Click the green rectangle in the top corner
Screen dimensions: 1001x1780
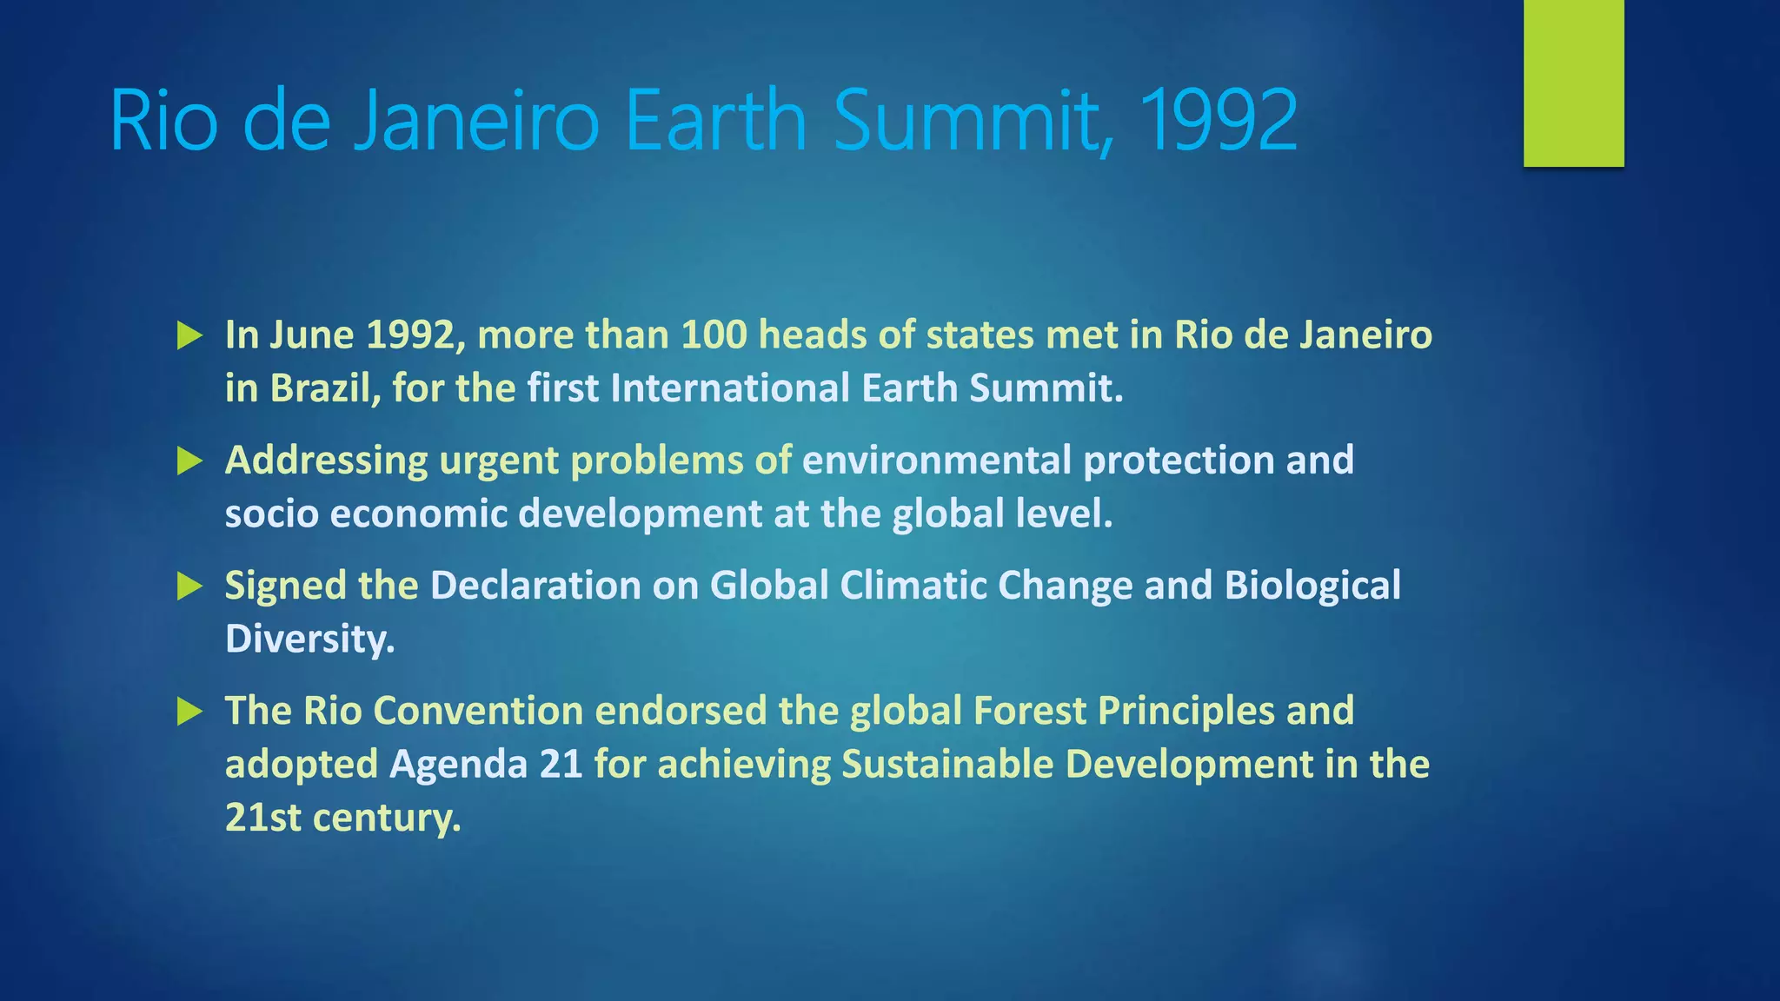point(1573,83)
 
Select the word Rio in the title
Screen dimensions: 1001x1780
point(163,122)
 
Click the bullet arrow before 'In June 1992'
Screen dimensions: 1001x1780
point(189,335)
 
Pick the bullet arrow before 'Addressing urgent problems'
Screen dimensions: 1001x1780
point(189,461)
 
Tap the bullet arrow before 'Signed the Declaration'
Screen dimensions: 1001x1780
point(189,586)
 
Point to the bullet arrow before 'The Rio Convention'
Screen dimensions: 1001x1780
point(189,712)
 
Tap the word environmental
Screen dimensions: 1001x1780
point(936,461)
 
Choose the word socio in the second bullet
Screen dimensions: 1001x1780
point(271,514)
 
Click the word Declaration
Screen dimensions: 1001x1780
point(535,586)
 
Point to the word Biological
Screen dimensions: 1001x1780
point(1312,586)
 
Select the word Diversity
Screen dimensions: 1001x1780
point(309,640)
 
